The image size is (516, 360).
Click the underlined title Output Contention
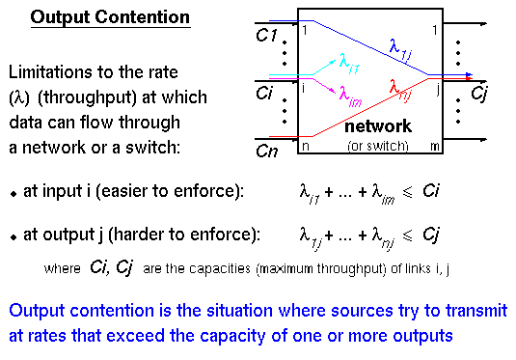click(111, 18)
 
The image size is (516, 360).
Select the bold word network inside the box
click(377, 126)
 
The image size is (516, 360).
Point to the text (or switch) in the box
click(377, 146)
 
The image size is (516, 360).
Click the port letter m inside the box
click(436, 146)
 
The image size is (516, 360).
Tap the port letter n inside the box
click(305, 146)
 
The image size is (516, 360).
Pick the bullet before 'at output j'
click(14, 234)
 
